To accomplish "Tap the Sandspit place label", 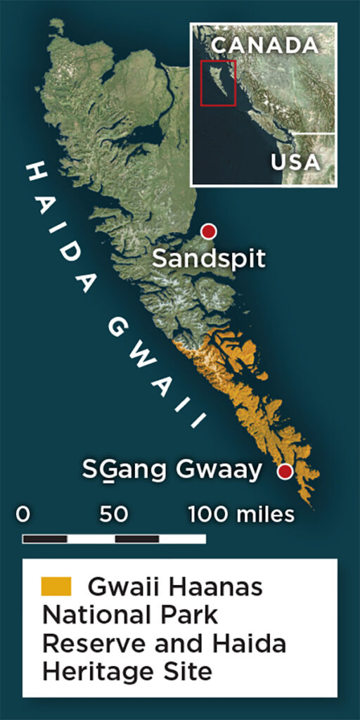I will pos(210,259).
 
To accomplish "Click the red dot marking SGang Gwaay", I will pos(285,471).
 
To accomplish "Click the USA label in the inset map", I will pos(295,162).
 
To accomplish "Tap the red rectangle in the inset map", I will pos(218,83).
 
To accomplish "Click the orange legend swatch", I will pos(56,586).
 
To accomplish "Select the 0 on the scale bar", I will pos(23,515).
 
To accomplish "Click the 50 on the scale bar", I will pos(113,515).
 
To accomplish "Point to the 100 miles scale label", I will pos(241,515).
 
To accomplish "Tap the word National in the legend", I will pos(88,615).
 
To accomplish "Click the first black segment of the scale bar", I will pos(45,539).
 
